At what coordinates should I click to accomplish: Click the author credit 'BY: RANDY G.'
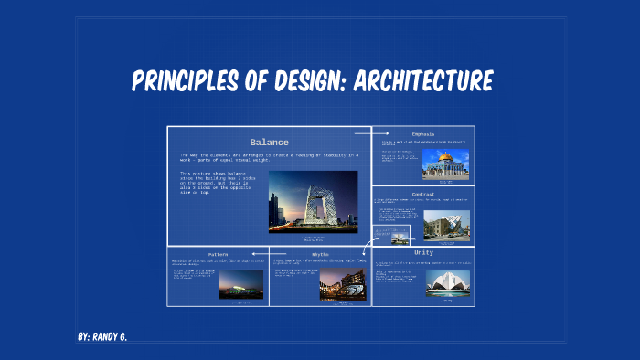point(102,337)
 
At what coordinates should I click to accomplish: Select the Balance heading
point(269,143)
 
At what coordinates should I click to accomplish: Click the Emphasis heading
point(422,134)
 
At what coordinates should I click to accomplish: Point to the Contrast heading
point(422,195)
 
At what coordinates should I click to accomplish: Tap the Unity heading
point(423,252)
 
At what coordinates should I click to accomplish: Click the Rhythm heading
point(320,254)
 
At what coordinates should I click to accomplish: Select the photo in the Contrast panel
point(446,224)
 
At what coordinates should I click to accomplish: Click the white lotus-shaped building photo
point(447,282)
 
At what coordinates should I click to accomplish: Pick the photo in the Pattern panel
point(241,284)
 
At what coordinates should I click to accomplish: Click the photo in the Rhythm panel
point(342,284)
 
